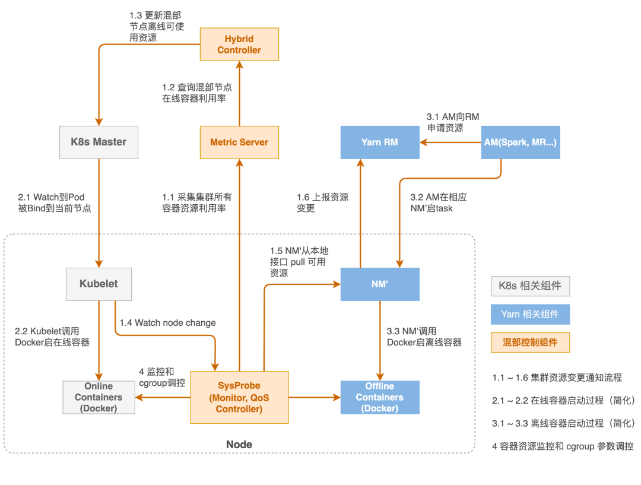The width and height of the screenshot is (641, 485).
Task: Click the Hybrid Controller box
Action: click(239, 45)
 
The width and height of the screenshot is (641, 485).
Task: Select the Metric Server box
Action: click(239, 142)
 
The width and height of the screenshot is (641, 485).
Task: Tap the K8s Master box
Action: click(99, 142)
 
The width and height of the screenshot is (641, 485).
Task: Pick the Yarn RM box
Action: click(380, 142)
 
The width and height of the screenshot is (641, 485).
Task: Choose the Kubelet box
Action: click(99, 284)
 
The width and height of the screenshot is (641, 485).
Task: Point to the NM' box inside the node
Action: click(380, 284)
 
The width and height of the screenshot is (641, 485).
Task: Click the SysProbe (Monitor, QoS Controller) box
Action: click(239, 397)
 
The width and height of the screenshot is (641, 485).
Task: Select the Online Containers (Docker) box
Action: click(99, 397)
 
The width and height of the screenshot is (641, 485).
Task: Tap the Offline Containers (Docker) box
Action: click(380, 397)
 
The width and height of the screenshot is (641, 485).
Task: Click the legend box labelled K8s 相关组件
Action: click(530, 287)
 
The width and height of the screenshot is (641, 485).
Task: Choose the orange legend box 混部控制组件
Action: click(530, 342)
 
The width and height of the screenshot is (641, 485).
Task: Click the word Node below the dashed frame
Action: click(239, 445)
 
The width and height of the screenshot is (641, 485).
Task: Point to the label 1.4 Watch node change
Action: click(167, 323)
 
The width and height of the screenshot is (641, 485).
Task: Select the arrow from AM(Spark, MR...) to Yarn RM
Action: click(451, 142)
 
